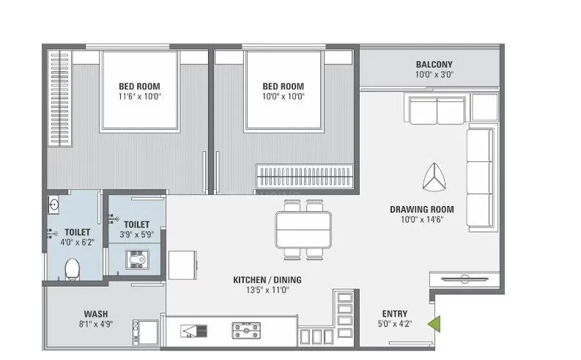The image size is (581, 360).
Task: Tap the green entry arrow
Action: point(435,322)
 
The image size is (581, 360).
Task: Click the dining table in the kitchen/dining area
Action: point(303,229)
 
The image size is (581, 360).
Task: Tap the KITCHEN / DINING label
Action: point(267,280)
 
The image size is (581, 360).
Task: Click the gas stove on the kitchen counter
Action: point(243,331)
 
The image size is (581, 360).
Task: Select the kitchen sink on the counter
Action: point(195,331)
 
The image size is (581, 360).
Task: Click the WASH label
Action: point(96,312)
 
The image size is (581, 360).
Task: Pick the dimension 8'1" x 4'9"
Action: point(96,323)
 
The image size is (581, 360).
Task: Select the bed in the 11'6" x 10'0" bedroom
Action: point(139,89)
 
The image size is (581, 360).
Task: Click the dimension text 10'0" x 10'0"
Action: point(284,96)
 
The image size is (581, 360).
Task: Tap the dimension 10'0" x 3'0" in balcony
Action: point(435,74)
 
